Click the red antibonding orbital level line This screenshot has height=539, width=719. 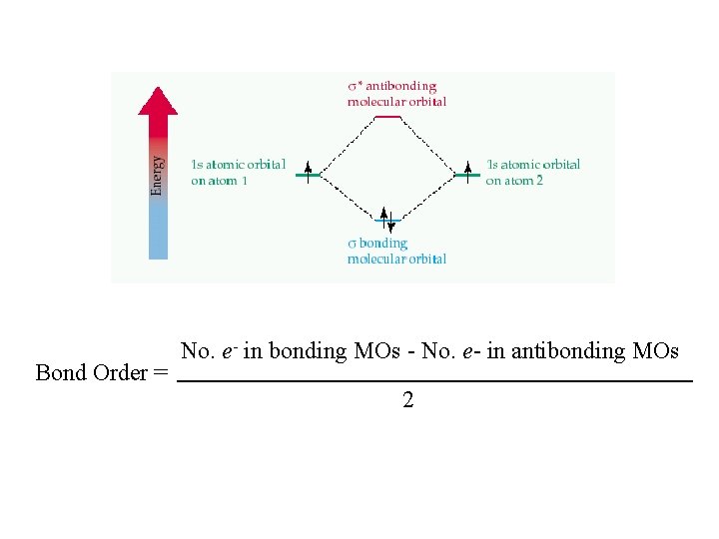click(x=387, y=117)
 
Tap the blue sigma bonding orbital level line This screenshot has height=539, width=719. click(x=387, y=221)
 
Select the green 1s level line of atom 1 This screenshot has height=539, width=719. click(x=309, y=176)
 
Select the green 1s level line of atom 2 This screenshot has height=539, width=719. click(x=466, y=176)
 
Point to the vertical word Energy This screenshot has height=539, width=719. click(x=157, y=175)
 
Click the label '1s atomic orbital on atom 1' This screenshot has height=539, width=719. click(x=238, y=172)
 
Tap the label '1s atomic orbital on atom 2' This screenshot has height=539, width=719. click(x=532, y=172)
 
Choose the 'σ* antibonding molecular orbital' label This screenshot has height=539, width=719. click(x=396, y=94)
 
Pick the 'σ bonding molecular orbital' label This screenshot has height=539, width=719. click(x=396, y=251)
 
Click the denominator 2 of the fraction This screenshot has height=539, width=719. click(x=408, y=400)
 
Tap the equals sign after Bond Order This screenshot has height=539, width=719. click(x=161, y=373)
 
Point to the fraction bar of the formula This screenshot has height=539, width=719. click(x=433, y=381)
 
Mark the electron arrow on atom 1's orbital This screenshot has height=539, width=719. click(x=309, y=168)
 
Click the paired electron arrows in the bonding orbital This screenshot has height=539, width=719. click(x=387, y=220)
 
